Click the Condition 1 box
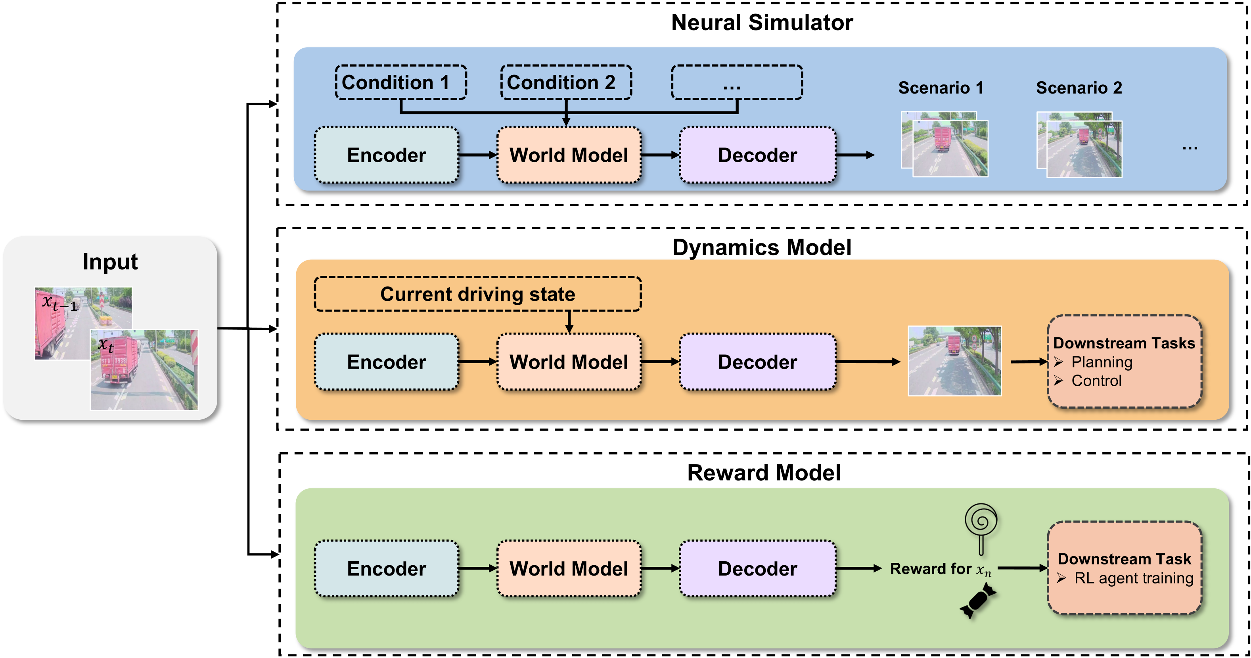click(400, 82)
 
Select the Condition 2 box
click(566, 82)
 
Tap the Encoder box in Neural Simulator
click(387, 155)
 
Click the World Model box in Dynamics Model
click(569, 362)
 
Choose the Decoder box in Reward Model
click(758, 569)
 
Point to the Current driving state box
click(477, 294)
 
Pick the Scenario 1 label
click(941, 88)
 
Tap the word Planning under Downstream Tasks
click(1102, 362)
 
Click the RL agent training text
click(1134, 578)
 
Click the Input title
click(110, 262)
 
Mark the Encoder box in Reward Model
click(387, 569)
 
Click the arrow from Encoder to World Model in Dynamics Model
click(477, 362)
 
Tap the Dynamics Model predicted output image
click(955, 361)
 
